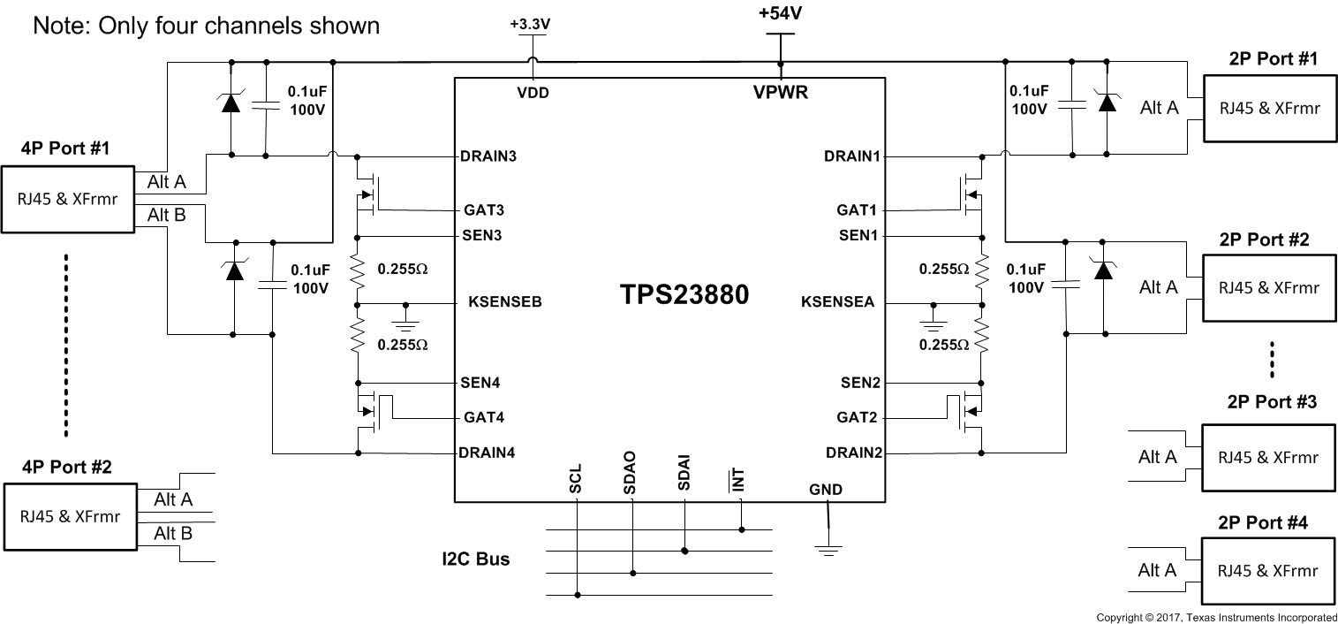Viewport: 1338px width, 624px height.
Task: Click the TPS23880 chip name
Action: pyautogui.click(x=684, y=295)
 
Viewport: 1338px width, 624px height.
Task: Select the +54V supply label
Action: pyautogui.click(x=781, y=15)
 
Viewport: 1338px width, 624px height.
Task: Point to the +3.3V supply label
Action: pyautogui.click(x=530, y=25)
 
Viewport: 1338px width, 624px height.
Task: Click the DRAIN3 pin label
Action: pyautogui.click(x=488, y=157)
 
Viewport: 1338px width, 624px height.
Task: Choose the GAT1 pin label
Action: pyautogui.click(x=856, y=211)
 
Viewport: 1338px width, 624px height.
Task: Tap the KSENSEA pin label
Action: pyautogui.click(x=837, y=302)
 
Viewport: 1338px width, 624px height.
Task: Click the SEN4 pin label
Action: pyautogui.click(x=481, y=384)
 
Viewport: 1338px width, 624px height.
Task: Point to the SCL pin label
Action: pyautogui.click(x=576, y=482)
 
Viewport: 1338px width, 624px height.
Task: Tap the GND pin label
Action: pyautogui.click(x=826, y=490)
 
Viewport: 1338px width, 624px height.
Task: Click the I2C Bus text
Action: pyautogui.click(x=476, y=559)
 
